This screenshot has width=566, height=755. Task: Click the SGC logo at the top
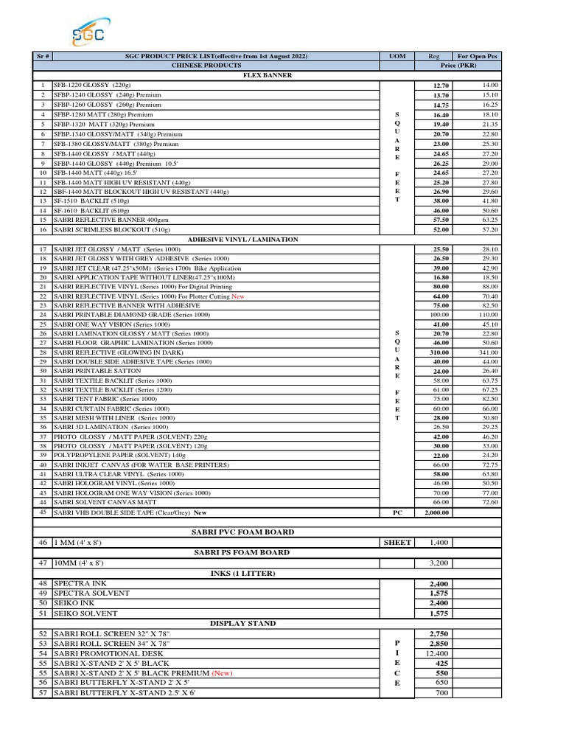coord(88,33)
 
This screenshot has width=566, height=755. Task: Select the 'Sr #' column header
coord(43,56)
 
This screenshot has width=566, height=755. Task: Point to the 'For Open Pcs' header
coord(477,56)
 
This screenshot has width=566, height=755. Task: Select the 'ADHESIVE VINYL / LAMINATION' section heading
coord(243,240)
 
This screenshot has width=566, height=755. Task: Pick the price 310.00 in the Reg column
coord(441,352)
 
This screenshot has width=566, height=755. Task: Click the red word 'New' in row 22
coord(237,296)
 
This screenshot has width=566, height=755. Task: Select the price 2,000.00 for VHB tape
coord(437,512)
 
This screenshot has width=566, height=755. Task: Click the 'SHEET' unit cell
coord(397,543)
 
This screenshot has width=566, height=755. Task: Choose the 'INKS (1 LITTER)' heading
coord(243,573)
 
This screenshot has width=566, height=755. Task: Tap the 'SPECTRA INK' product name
coord(80,583)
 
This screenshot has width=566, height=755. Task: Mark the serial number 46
coord(43,543)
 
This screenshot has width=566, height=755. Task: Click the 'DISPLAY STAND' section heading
coord(243,623)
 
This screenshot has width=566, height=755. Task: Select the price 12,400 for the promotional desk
coord(437,653)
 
